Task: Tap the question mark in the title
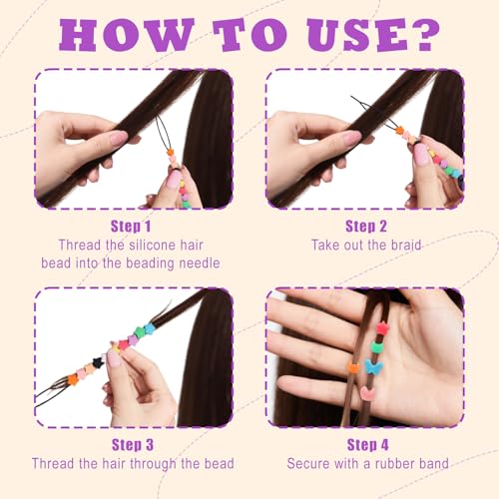point(424,35)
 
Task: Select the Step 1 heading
point(131,227)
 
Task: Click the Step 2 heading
point(366,227)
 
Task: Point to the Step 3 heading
point(133,445)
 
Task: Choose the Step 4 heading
point(368,445)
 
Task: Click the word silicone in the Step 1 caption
point(152,246)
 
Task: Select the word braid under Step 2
point(406,246)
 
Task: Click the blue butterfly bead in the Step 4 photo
point(374,367)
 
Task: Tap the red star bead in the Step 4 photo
point(382,328)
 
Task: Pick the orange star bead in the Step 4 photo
point(353,367)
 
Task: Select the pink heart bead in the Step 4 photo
point(368,393)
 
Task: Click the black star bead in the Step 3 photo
point(98,362)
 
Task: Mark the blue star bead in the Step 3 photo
point(150,328)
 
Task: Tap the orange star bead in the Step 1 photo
point(171,153)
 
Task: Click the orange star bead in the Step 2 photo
point(399,130)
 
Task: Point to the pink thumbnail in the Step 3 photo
point(113,357)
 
